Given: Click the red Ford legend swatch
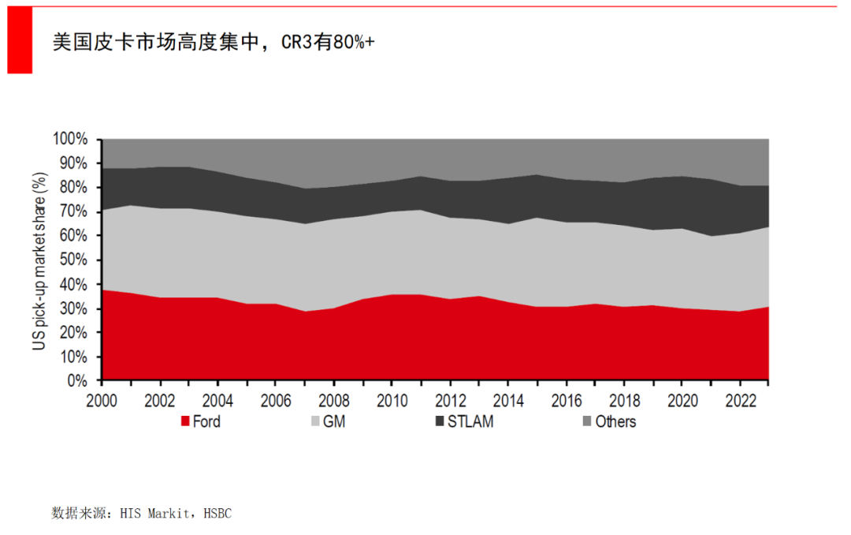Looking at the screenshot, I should pos(185,421).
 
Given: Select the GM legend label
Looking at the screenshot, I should pos(334,421).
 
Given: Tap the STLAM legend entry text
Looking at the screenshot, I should pos(470,421).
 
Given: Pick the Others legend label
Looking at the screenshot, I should pos(615,421).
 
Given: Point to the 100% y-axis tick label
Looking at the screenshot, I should pos(71,140).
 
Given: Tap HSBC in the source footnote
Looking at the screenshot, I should pos(217,513).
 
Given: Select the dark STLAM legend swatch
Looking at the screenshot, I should pos(439,421).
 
